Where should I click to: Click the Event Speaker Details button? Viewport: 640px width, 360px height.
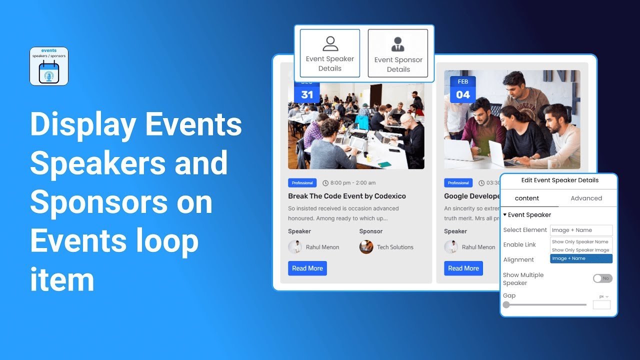point(330,53)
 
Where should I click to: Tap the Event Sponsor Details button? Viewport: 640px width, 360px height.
point(398,53)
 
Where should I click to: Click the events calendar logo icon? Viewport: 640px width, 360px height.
point(49,66)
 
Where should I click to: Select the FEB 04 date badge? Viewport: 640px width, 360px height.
point(463,89)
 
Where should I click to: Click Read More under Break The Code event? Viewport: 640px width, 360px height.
point(307,268)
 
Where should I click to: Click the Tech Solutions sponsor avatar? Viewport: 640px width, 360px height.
point(366,247)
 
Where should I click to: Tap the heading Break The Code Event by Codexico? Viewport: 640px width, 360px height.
point(347,196)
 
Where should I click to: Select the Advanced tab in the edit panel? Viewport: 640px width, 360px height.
point(586,198)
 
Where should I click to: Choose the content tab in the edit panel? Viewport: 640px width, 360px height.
point(527,198)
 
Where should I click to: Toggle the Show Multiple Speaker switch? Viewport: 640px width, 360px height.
point(602,278)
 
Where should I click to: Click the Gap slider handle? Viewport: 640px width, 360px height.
point(506,304)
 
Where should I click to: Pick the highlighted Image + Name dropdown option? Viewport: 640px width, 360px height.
point(581,258)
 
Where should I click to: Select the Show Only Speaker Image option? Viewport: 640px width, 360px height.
point(580,250)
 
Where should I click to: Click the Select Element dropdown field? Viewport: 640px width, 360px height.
point(581,230)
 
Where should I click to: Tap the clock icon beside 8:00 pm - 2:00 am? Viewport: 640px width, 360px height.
point(325,183)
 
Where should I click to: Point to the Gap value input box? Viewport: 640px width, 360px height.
point(601,304)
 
